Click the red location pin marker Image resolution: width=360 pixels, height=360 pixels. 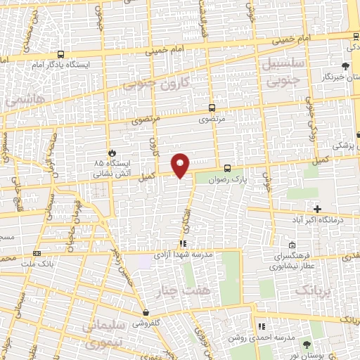181,165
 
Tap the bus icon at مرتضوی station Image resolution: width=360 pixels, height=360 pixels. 212,108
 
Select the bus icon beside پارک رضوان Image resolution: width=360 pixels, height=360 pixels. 226,168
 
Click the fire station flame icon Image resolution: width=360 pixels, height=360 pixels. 110,152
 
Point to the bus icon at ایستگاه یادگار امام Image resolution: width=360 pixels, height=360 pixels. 60,54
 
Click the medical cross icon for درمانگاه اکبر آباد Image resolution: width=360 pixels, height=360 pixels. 317,209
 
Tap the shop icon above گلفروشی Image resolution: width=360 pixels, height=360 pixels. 146,312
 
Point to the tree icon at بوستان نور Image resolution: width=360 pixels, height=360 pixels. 305,344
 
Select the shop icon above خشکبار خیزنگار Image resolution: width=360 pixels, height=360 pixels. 345,65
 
